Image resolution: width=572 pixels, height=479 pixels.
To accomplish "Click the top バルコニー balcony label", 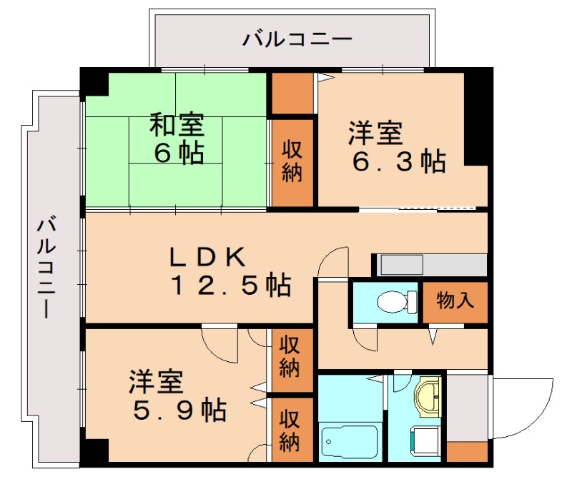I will (x=297, y=38).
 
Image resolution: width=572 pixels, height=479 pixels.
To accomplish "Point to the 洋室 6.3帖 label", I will (x=395, y=147).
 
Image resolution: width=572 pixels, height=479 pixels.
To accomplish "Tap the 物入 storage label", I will (x=455, y=301).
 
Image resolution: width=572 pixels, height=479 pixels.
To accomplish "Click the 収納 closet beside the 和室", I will (x=291, y=161).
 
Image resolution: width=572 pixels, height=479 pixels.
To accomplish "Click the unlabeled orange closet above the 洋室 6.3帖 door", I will (x=292, y=93).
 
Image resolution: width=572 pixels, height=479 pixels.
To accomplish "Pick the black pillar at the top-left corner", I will (x=94, y=82).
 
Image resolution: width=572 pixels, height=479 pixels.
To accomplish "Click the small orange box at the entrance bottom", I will (x=466, y=452).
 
